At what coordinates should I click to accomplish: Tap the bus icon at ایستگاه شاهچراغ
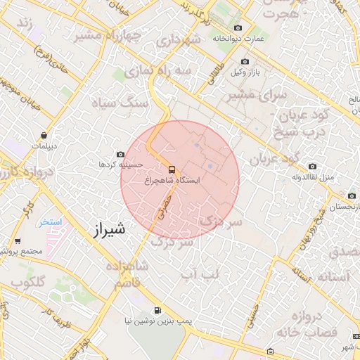(x=172, y=169)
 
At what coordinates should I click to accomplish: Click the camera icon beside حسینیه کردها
(x=120, y=155)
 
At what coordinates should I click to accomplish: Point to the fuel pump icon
(x=156, y=310)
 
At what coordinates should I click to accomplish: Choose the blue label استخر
(x=50, y=222)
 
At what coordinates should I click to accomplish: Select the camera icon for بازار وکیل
(x=245, y=62)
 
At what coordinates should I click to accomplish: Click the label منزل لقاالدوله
(x=319, y=176)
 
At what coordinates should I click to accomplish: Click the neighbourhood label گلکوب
(x=28, y=282)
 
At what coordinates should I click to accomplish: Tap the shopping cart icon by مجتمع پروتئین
(x=17, y=240)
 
